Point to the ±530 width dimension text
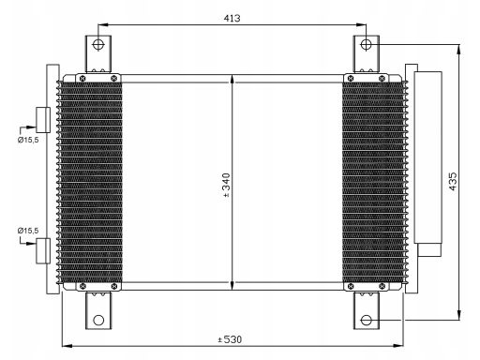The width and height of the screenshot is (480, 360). [232, 338]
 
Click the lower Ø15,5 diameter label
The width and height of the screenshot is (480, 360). [25, 230]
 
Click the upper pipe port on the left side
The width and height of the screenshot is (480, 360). [41, 118]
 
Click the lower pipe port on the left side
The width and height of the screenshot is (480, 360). [41, 251]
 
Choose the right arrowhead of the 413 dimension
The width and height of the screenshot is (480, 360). [362, 24]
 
